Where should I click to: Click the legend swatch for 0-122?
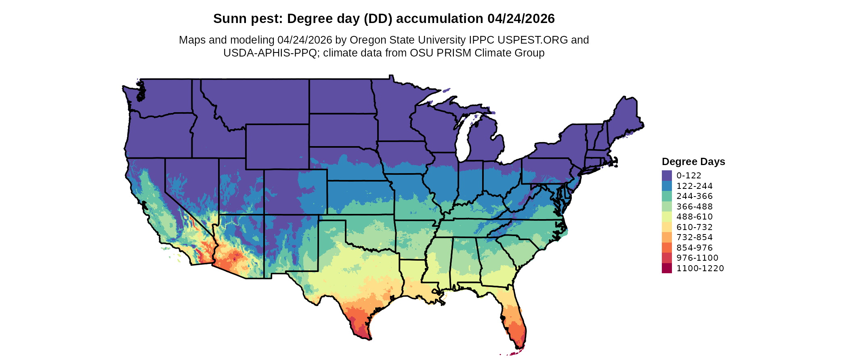tap(667, 176)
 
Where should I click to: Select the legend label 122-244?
tap(695, 186)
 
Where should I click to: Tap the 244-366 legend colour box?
tap(667, 196)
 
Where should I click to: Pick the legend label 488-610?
tap(695, 217)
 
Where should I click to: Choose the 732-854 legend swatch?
tap(667, 237)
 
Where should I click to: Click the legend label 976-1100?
tap(697, 258)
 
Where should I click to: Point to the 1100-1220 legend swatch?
tap(667, 268)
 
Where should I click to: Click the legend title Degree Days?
tap(693, 162)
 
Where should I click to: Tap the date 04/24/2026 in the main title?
tap(521, 19)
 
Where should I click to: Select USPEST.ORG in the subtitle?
tap(533, 40)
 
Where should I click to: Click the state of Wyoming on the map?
tap(277, 147)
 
